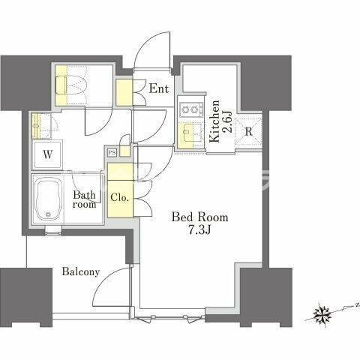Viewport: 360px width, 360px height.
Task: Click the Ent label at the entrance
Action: pos(159,88)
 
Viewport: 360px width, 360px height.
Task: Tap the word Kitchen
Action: pos(214,121)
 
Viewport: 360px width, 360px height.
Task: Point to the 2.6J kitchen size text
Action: pos(227,121)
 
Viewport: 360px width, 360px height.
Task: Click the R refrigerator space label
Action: pos(248,132)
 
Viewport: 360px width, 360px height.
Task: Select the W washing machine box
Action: pos(48,155)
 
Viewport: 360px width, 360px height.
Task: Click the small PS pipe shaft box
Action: pos(112,152)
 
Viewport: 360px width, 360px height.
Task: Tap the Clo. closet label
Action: pos(120,198)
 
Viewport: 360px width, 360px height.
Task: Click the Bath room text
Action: pos(85,199)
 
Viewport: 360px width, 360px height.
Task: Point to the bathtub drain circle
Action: pos(48,214)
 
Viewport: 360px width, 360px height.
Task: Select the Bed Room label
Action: pos(199,217)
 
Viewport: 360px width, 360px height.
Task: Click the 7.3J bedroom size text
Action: pos(199,230)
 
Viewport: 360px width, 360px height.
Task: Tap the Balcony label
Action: pos(81,271)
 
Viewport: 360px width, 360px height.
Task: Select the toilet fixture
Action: pos(70,85)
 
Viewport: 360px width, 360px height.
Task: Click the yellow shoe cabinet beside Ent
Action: pos(124,92)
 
